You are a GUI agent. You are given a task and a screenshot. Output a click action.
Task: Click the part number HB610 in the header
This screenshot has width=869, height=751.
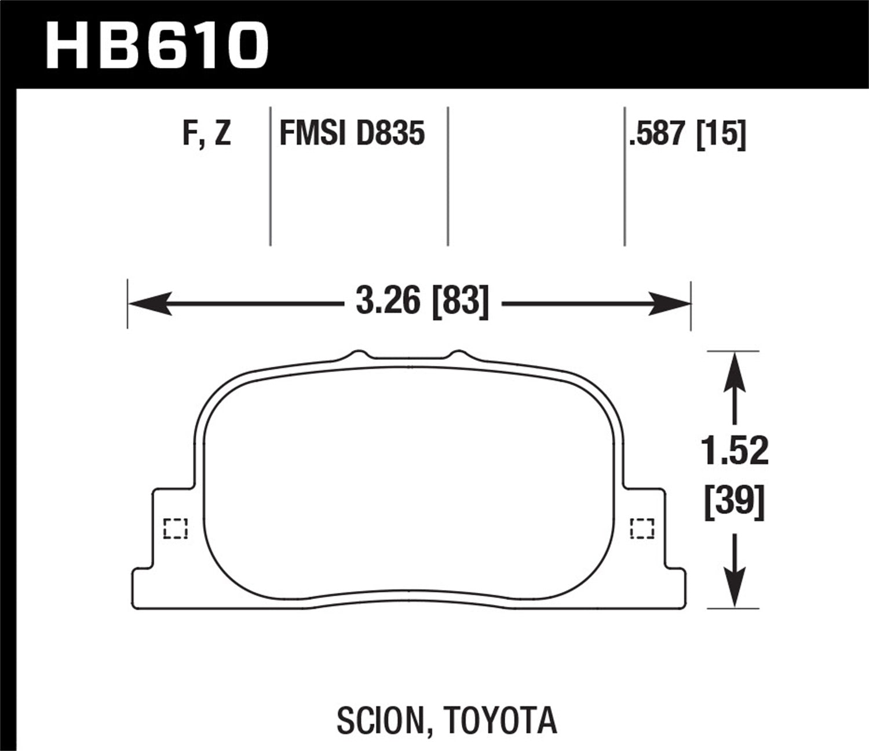coord(156,45)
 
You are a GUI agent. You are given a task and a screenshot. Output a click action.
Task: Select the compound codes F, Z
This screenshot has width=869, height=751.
coord(207,134)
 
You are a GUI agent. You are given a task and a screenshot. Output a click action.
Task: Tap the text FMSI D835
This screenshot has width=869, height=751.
coord(352,134)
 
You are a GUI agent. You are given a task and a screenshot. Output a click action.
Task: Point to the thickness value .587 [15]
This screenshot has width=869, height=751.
coord(687,134)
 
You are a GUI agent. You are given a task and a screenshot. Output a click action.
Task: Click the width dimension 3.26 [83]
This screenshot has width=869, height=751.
coord(422,302)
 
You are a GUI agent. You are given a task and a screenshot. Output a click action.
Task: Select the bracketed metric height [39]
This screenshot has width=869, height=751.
coord(735,502)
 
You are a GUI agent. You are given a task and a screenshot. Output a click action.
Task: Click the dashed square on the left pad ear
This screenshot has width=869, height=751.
coord(176,528)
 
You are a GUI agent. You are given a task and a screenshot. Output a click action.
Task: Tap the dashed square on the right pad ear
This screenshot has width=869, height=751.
coord(642,528)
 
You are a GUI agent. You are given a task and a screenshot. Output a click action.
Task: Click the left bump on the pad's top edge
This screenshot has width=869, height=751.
coord(359,354)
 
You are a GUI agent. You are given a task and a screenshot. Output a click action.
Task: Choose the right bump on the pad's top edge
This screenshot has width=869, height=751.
coord(458,354)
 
